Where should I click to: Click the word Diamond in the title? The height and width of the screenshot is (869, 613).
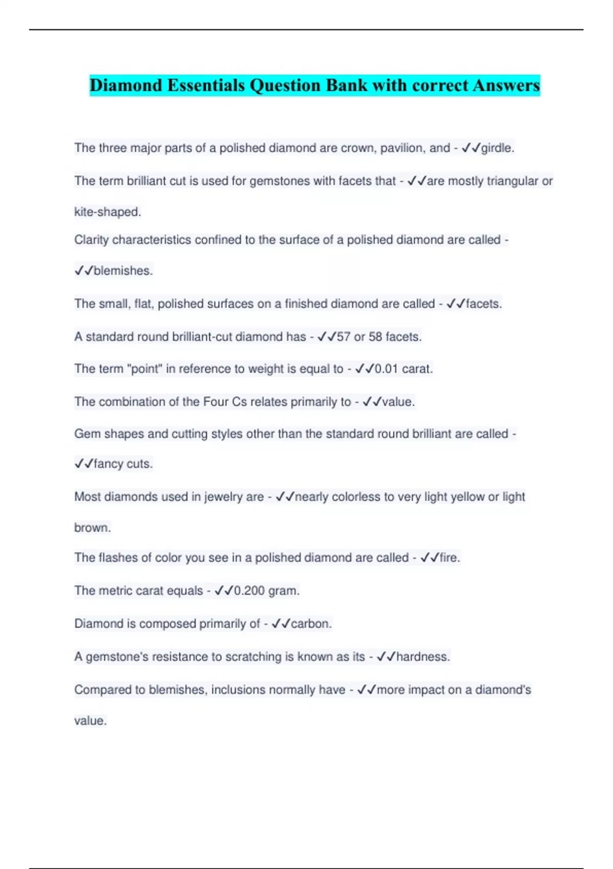coord(126,85)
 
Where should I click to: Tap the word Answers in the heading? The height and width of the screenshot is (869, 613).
coord(506,85)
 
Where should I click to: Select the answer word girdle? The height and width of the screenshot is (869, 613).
coord(497,148)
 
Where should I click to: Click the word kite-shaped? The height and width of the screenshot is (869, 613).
coord(107,212)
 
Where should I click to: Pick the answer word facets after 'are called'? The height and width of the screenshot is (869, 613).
coord(483,304)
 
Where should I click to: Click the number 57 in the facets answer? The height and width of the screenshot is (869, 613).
coord(343,337)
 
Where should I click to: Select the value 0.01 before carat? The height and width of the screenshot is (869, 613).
coord(386,369)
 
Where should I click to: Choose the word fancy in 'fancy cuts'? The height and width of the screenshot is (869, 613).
coord(108,464)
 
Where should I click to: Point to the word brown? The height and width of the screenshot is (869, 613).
coord(92,528)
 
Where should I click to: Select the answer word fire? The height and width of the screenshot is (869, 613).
coord(450,558)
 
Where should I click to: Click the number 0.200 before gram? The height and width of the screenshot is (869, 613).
coord(249,591)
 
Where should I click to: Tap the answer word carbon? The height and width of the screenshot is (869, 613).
coord(311,624)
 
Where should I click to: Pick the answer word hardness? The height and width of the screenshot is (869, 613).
coord(423,657)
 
